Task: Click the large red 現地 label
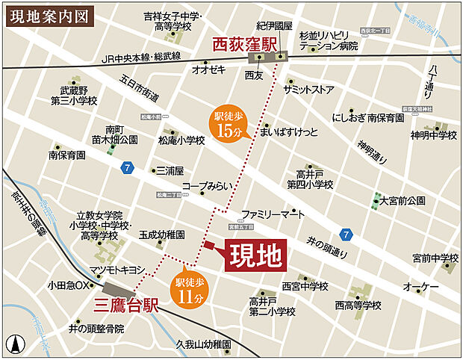(x=255, y=256)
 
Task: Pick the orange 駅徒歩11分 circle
(x=189, y=288)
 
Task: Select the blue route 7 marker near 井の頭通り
(x=344, y=234)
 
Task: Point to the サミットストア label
(x=308, y=89)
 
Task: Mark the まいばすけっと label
(x=285, y=132)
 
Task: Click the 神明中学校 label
(x=434, y=135)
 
